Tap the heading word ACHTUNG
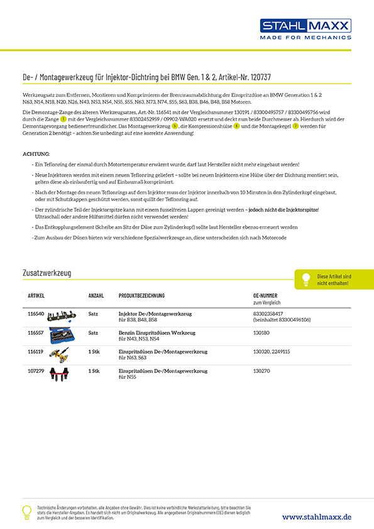[x=36, y=154]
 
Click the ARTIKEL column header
[x=36, y=295]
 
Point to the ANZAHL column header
[x=96, y=295]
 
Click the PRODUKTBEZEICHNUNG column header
[x=141, y=295]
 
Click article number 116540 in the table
[x=36, y=313]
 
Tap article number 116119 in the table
[x=36, y=352]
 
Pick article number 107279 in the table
[x=36, y=371]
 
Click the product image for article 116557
[x=65, y=336]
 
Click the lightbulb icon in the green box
[x=306, y=278]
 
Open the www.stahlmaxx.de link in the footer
[x=316, y=516]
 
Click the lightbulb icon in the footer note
[x=26, y=512]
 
